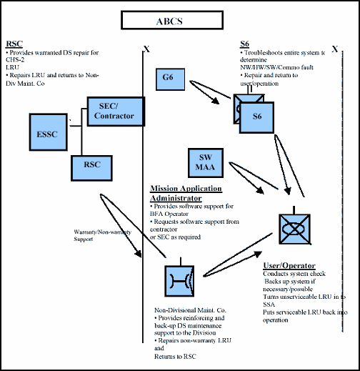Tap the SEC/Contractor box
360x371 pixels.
115,110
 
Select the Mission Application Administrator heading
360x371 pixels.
186,193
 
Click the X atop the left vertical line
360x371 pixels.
146,49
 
